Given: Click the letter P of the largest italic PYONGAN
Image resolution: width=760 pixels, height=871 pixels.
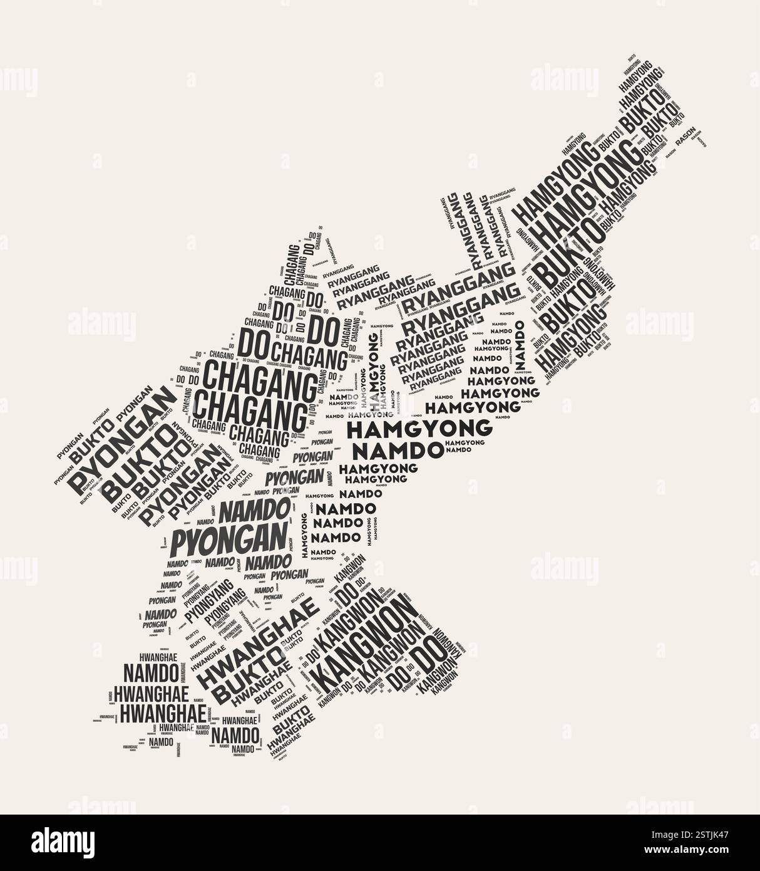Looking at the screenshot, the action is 180,544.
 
